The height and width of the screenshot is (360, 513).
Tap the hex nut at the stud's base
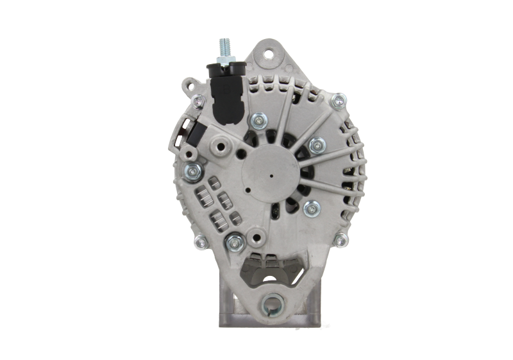tap(224, 61)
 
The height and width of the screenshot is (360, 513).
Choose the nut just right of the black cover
tap(260, 119)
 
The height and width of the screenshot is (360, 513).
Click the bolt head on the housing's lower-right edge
tap(341, 239)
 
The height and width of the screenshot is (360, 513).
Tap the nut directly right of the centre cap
tap(315, 146)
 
